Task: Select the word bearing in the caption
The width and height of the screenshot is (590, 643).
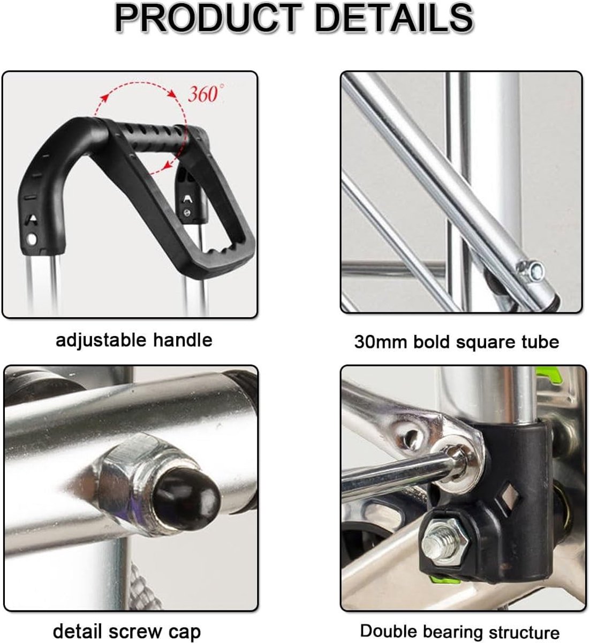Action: tap(452, 632)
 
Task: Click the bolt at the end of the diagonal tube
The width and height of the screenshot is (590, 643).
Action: tap(532, 271)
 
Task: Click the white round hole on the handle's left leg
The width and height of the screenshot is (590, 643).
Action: tap(32, 239)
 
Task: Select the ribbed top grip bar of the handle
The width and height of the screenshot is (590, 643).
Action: tap(154, 138)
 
